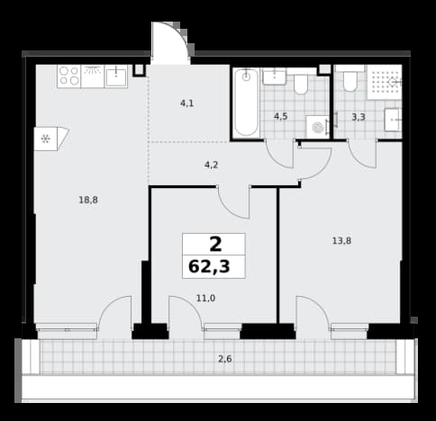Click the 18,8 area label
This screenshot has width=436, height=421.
point(88,200)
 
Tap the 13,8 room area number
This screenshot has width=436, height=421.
point(341,241)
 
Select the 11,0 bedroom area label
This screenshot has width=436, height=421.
point(205,299)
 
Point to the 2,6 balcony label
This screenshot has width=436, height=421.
point(225,359)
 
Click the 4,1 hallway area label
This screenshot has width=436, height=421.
point(186,103)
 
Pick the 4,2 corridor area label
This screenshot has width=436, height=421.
point(211,165)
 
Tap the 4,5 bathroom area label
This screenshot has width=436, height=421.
point(281,116)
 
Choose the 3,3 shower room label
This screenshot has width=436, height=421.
point(359,117)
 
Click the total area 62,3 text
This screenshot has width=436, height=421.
point(209,266)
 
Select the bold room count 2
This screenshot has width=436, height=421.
point(215,245)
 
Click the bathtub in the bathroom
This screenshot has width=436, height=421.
point(246,103)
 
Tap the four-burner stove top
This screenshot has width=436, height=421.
point(69,76)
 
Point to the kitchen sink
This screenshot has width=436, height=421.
point(116,76)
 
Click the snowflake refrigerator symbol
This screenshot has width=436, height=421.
point(46,139)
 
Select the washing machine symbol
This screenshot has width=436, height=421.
point(318,128)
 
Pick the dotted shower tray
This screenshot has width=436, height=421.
point(385,82)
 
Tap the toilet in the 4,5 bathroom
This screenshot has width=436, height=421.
point(301,85)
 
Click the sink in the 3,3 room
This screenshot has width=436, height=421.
point(394,120)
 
